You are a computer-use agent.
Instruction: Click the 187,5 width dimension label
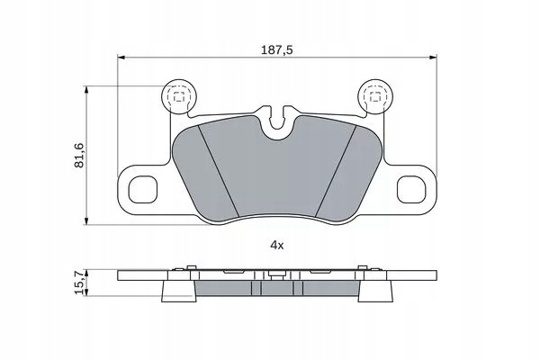pos(277,50)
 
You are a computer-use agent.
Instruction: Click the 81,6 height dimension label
pos(79,155)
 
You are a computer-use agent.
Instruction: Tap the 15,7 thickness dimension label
pos(79,283)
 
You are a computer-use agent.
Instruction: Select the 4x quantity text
pos(277,246)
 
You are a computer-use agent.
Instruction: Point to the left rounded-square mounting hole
pos(142,189)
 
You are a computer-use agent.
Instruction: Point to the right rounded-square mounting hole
pos(411,189)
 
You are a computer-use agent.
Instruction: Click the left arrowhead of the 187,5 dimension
pos(121,58)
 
